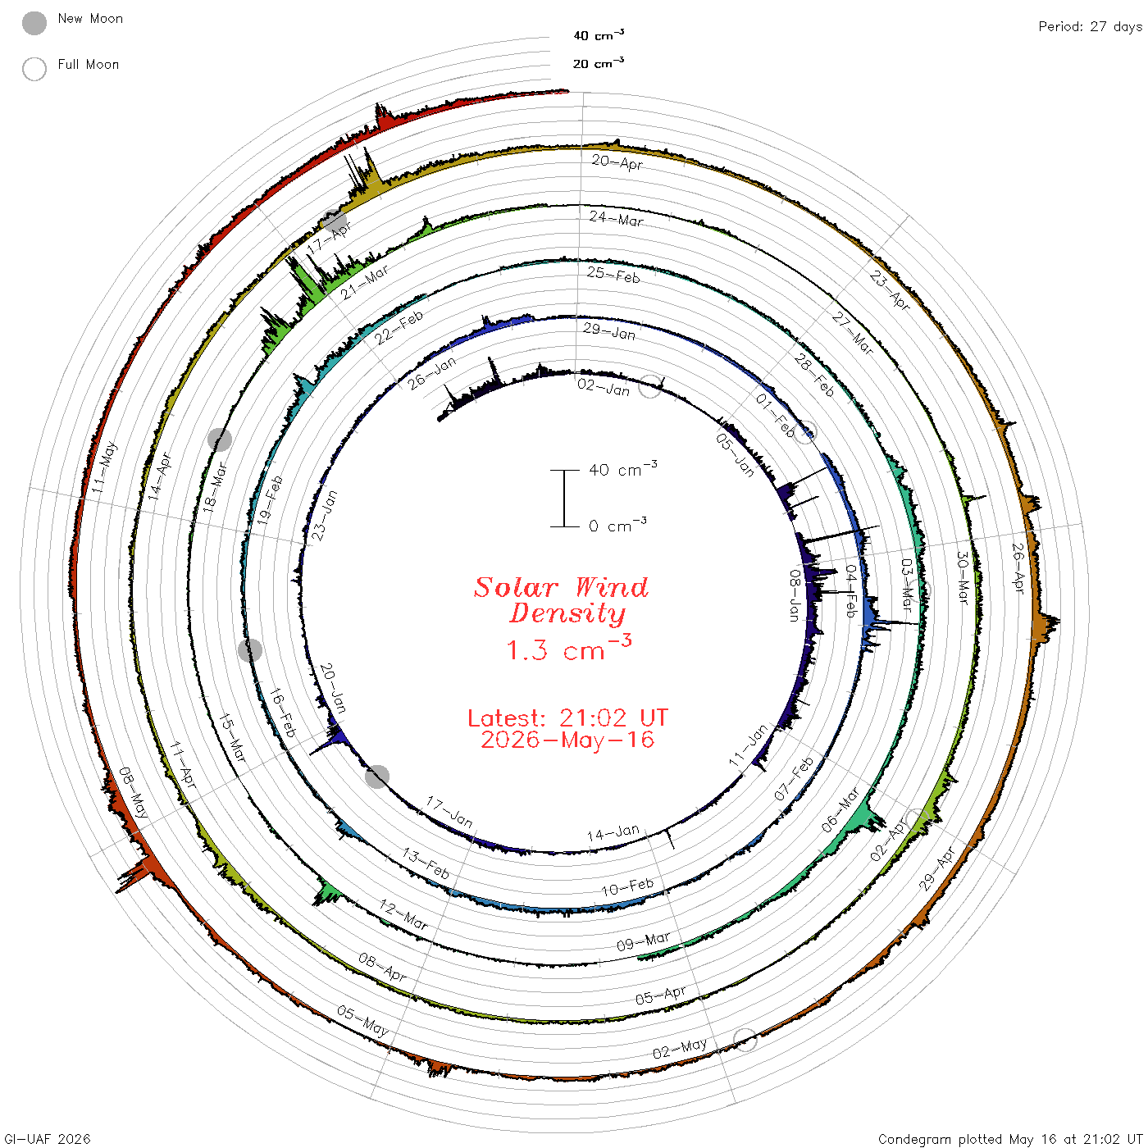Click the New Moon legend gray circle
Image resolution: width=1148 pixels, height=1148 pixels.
click(x=34, y=23)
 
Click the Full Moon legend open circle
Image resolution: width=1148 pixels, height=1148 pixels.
click(x=34, y=69)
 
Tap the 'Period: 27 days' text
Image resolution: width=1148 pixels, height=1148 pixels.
click(x=1090, y=27)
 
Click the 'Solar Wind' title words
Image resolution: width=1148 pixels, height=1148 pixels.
click(x=561, y=587)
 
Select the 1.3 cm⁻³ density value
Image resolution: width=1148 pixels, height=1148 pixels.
click(x=568, y=648)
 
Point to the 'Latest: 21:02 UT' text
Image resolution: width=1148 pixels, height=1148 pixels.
click(x=567, y=717)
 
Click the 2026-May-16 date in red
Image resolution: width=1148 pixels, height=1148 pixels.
click(x=567, y=740)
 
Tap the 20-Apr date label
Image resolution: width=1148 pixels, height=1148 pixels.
click(x=617, y=162)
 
